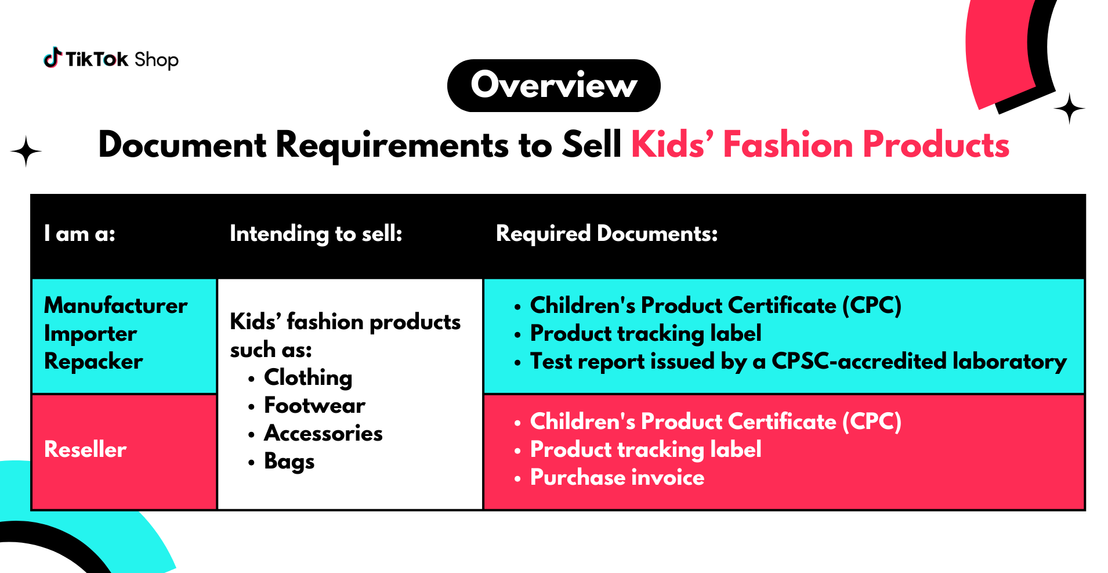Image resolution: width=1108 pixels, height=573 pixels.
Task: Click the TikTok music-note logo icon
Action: (x=53, y=58)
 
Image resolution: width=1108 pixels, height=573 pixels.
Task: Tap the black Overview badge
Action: (x=553, y=85)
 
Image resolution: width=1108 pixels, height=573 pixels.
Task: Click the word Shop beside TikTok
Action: (x=156, y=60)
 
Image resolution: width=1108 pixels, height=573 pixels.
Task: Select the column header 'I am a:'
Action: (x=79, y=233)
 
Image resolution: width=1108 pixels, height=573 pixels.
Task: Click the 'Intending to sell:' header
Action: (x=316, y=234)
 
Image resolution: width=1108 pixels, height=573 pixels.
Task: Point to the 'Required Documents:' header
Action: (x=607, y=233)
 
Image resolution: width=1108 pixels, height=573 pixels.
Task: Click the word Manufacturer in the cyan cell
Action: (x=116, y=305)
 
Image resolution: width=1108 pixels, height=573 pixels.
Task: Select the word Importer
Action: (x=90, y=334)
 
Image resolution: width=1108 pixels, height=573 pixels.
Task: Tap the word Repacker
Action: (x=93, y=362)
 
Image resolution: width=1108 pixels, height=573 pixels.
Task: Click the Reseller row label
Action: (x=85, y=449)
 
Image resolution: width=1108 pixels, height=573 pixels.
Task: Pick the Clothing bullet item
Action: (x=308, y=378)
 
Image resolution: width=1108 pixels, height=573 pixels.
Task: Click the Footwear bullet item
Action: (x=314, y=405)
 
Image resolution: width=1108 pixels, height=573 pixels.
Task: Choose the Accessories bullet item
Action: (x=323, y=434)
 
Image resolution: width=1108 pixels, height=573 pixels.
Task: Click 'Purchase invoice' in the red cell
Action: (x=617, y=478)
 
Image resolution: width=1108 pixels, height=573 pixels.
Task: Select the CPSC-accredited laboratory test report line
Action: (x=798, y=362)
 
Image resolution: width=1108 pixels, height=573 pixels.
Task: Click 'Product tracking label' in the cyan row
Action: (x=646, y=334)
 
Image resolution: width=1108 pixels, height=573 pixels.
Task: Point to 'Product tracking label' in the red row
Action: (x=646, y=450)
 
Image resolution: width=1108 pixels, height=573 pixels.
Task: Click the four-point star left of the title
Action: (x=26, y=152)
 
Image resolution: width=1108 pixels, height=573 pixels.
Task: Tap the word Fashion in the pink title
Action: (x=787, y=145)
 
